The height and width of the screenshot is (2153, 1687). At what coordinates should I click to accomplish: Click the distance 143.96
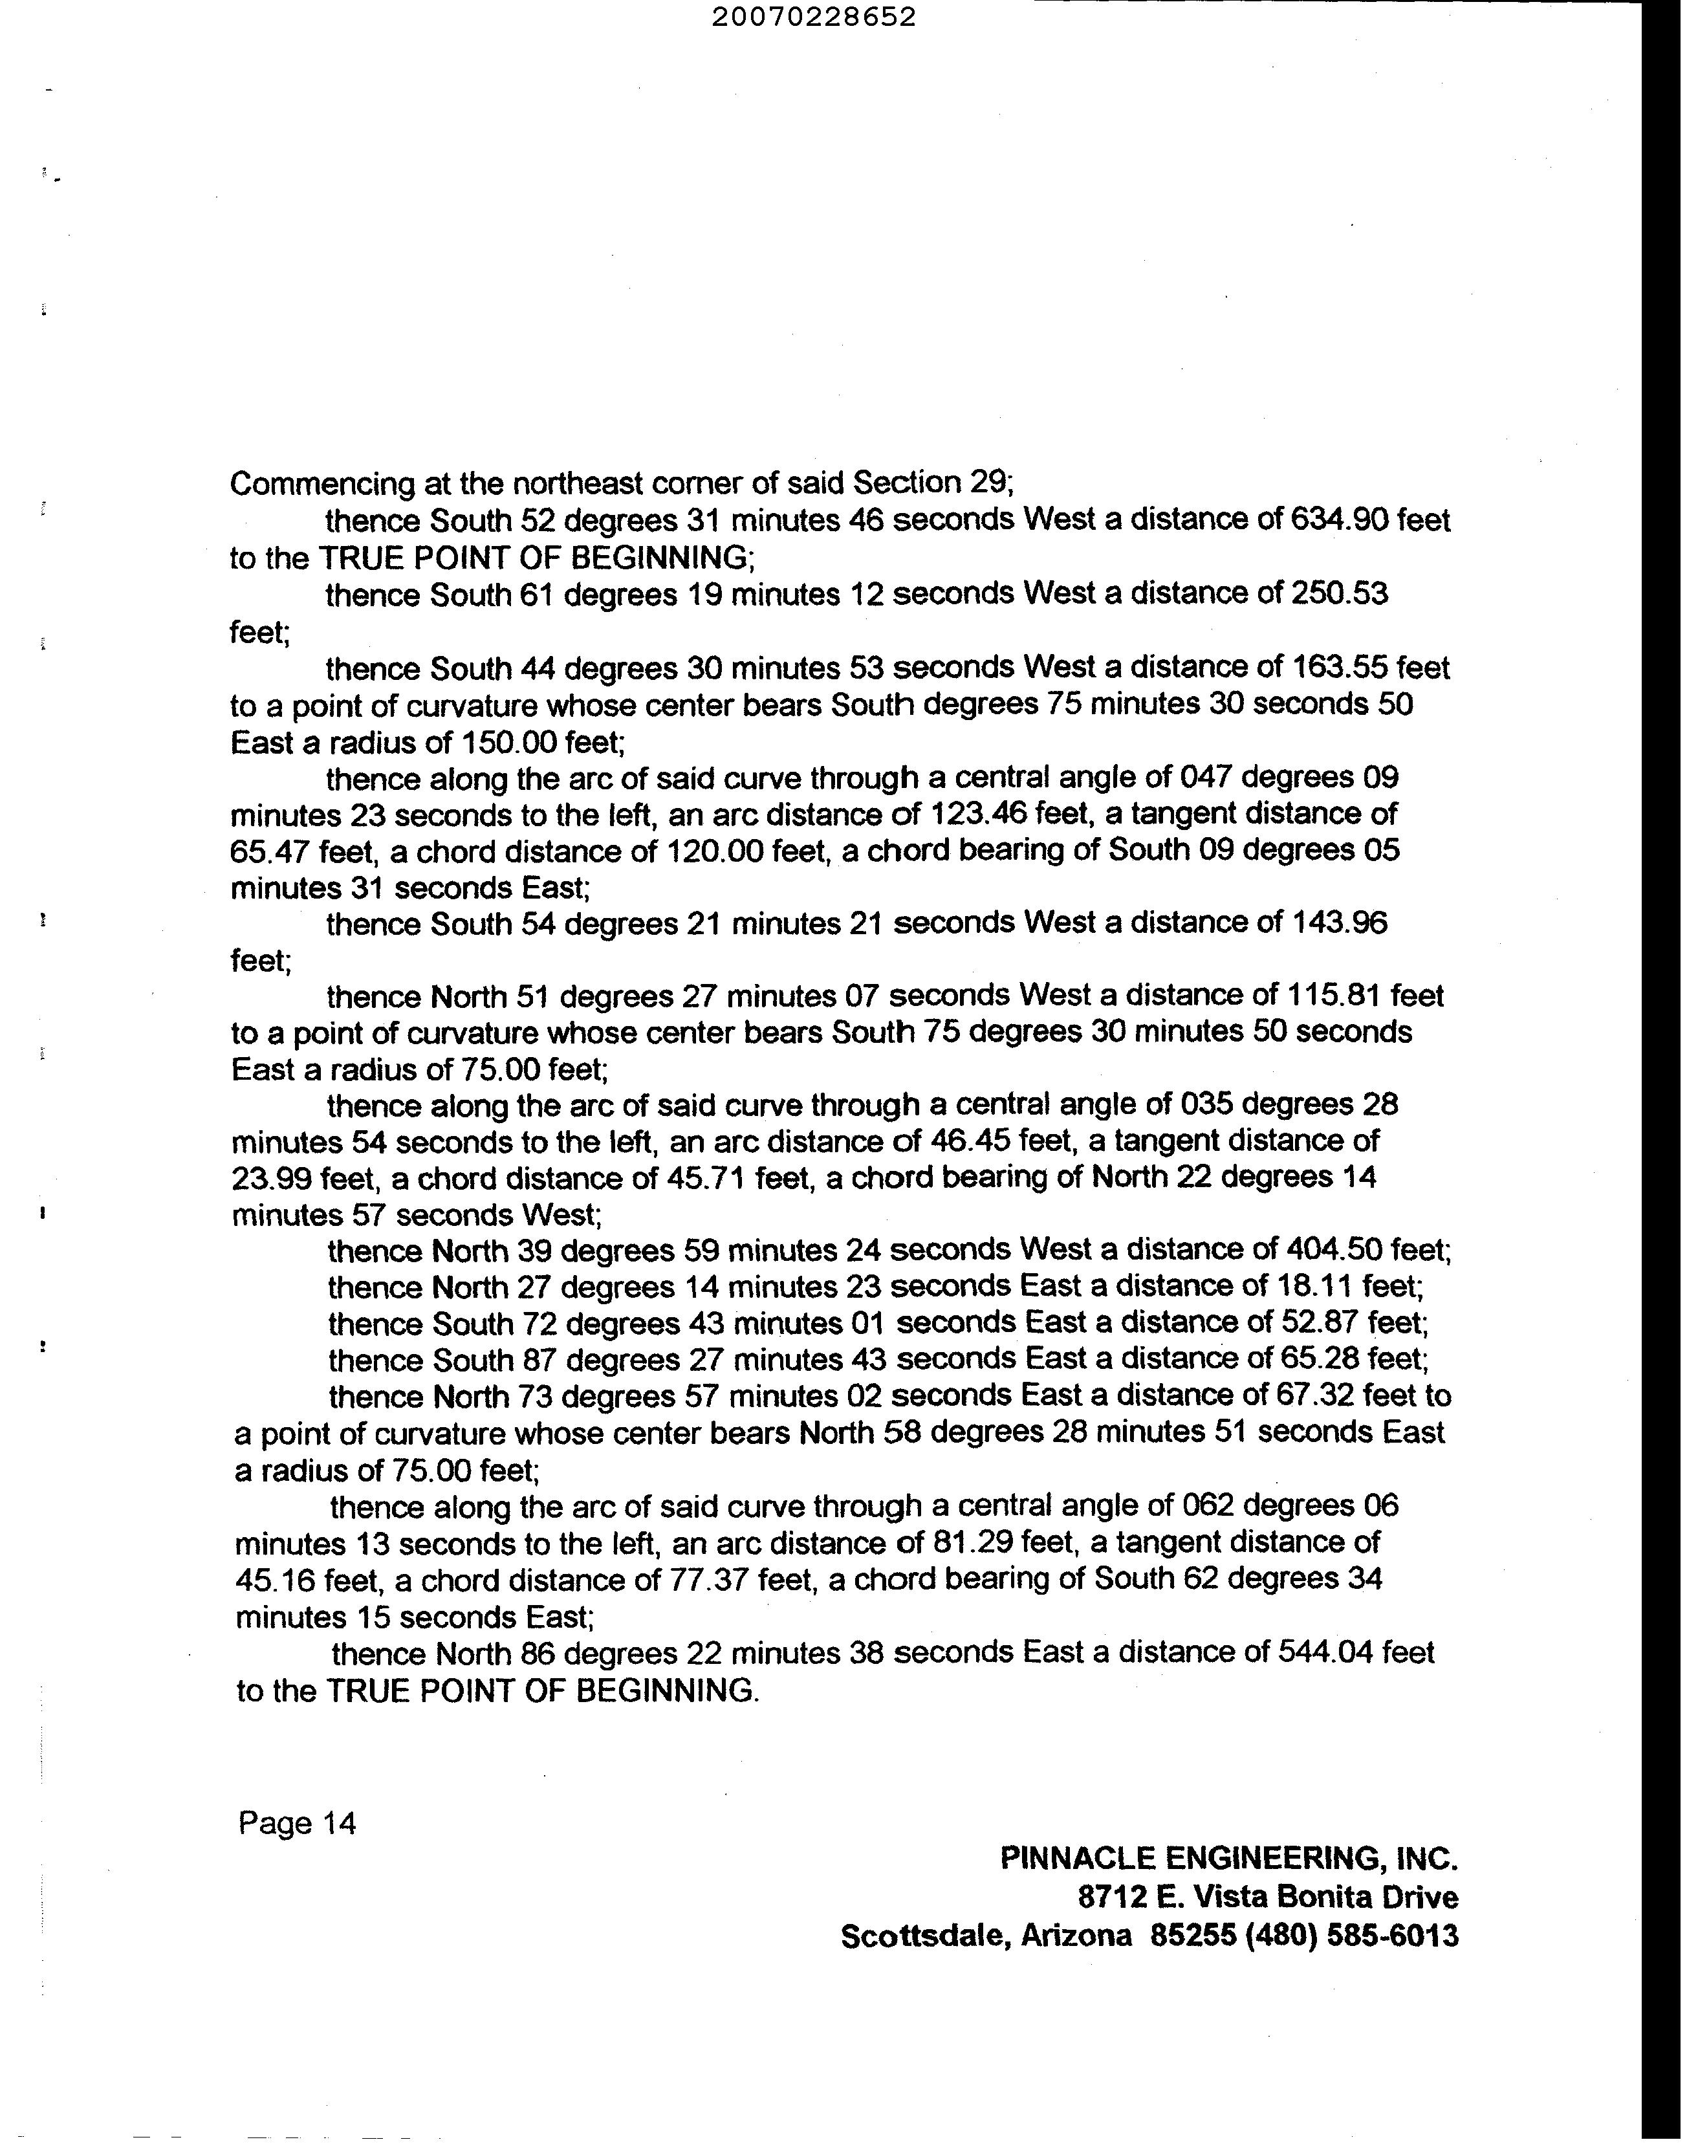pyautogui.click(x=1338, y=923)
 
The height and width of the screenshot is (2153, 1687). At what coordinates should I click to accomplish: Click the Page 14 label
pyautogui.click(x=296, y=1823)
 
